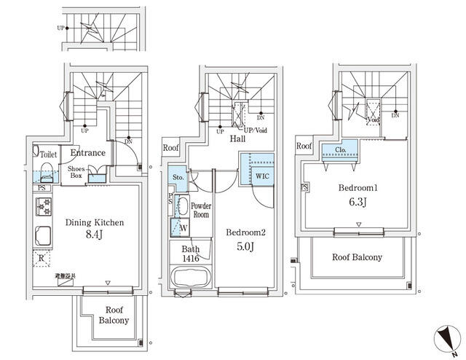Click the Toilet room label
48,154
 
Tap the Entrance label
87,153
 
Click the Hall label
237,138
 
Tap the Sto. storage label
178,177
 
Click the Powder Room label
200,210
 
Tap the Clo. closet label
341,152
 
